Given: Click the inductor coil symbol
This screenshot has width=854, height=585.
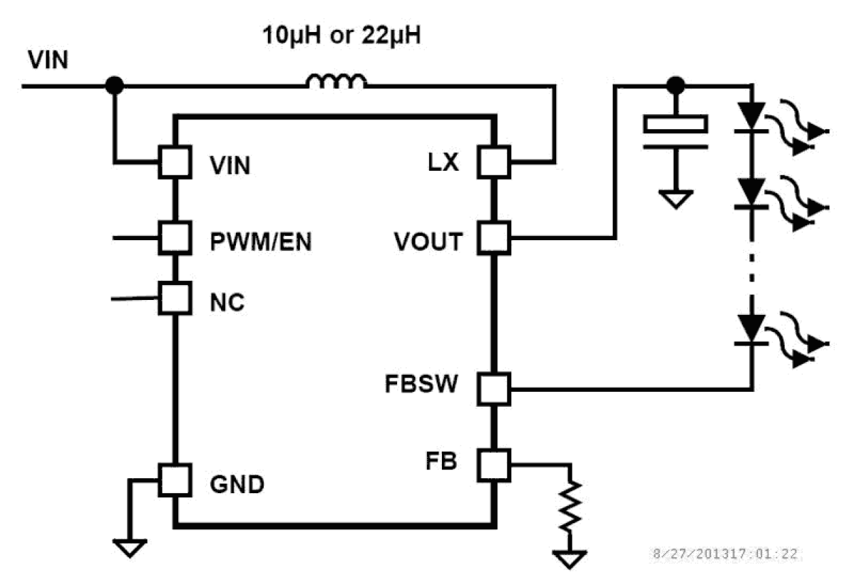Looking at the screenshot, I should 336,82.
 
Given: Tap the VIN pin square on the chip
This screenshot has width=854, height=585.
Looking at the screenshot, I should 174,163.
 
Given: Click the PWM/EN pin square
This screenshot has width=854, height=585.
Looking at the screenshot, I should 174,237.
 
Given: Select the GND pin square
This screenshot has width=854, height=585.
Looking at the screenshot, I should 174,480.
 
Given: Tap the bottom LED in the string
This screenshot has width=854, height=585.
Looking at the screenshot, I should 751,330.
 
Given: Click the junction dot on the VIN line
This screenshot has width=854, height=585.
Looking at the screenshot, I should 115,86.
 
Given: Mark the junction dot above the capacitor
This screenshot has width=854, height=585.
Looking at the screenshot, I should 676,86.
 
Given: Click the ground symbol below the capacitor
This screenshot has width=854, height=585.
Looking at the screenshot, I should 676,199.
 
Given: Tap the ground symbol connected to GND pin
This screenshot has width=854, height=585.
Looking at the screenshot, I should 129,547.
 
